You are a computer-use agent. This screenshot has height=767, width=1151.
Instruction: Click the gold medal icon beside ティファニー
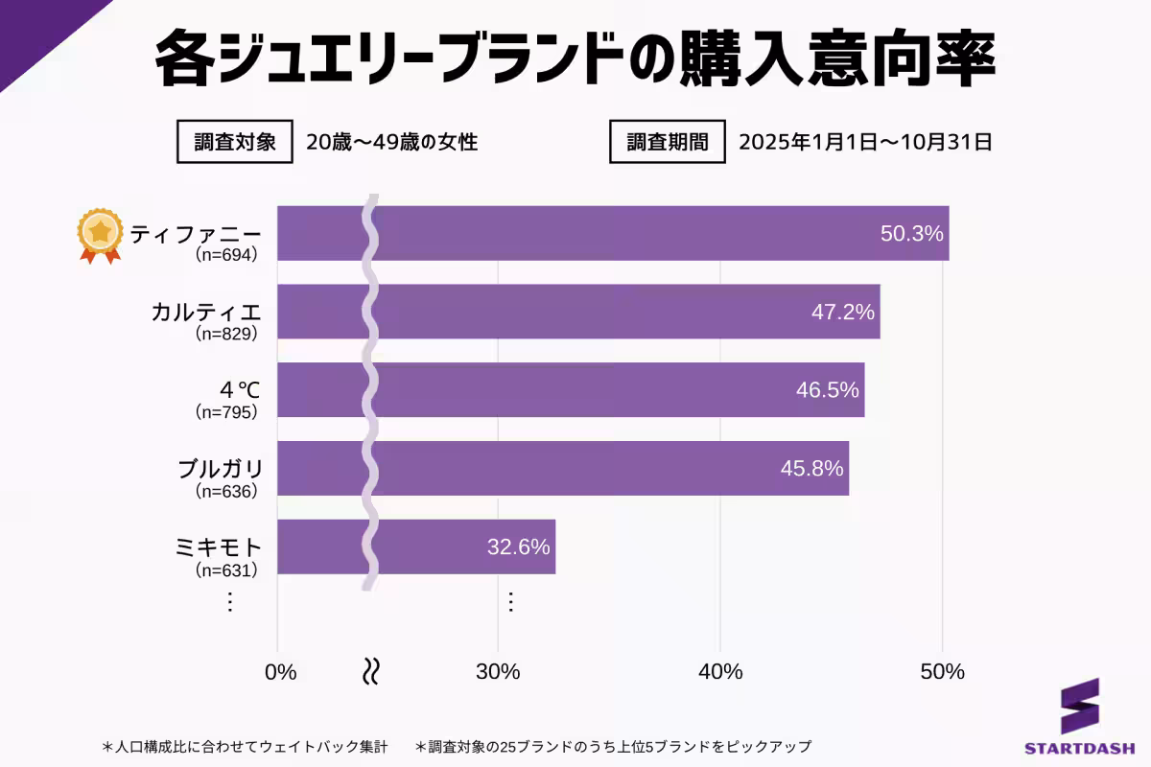(101, 235)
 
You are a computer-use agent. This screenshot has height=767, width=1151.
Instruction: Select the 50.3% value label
(911, 234)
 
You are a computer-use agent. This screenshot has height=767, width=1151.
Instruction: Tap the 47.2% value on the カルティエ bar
(842, 313)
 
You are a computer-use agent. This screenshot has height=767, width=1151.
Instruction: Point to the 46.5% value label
(827, 391)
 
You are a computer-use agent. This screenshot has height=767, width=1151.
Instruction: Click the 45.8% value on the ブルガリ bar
(811, 469)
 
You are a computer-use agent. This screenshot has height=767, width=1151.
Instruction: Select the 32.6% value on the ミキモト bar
(518, 547)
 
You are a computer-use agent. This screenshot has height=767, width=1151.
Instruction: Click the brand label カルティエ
(206, 312)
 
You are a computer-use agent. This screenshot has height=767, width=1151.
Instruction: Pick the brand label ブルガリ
(220, 469)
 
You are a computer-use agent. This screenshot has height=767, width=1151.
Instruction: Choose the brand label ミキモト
(219, 547)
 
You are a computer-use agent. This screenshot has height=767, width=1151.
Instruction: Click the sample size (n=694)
(226, 256)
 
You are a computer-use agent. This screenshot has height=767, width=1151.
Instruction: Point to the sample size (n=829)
(226, 335)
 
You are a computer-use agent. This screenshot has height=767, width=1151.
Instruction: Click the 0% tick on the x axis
(280, 672)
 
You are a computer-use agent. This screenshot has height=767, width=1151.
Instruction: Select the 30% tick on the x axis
(498, 672)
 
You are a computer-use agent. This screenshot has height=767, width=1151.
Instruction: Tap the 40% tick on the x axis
(720, 672)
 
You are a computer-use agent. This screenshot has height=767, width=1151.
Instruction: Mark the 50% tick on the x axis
(942, 672)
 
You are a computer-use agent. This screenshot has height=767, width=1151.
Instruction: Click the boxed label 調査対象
(234, 143)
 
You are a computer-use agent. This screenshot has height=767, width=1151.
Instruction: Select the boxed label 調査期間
(668, 143)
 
